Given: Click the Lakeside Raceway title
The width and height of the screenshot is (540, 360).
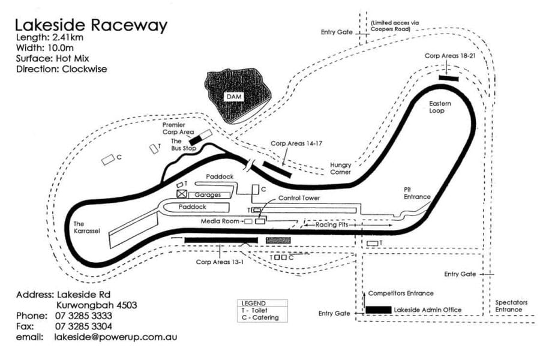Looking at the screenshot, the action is click(91, 25).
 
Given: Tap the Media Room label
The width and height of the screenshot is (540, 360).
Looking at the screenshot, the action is click(221, 221).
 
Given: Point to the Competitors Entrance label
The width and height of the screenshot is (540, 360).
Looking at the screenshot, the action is click(401, 293).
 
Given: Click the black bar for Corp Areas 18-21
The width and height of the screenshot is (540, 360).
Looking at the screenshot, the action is click(448, 78).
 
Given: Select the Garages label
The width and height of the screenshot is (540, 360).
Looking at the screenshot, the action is click(208, 195).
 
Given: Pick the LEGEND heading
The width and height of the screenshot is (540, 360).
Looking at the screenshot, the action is click(253, 304).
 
